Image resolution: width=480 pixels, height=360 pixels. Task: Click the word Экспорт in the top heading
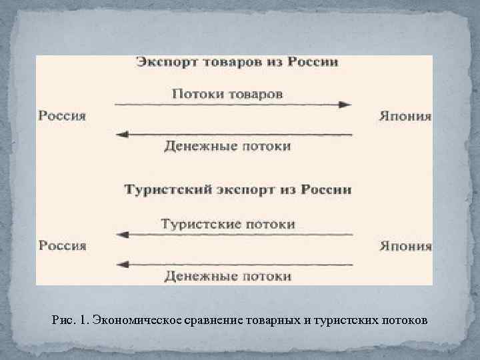pos(162,63)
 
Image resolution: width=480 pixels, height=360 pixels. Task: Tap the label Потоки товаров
pos(227,93)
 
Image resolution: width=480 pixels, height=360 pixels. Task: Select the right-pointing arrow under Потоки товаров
pos(233,105)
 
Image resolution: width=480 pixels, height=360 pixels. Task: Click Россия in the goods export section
pos(62,116)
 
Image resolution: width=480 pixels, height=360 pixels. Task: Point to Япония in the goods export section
pos(405,116)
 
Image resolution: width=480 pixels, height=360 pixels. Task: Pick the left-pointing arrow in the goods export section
pos(233,135)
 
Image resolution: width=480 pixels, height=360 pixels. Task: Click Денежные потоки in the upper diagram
pos(227,146)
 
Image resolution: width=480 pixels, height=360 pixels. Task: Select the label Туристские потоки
pos(227,224)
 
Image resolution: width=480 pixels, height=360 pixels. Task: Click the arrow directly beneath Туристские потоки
pos(233,235)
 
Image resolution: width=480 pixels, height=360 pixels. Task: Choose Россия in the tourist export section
pos(62,245)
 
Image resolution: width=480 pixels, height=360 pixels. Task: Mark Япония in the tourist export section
pos(405,245)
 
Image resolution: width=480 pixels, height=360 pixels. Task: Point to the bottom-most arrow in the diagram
pos(233,265)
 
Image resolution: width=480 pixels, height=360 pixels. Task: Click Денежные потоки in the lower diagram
pos(227,275)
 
